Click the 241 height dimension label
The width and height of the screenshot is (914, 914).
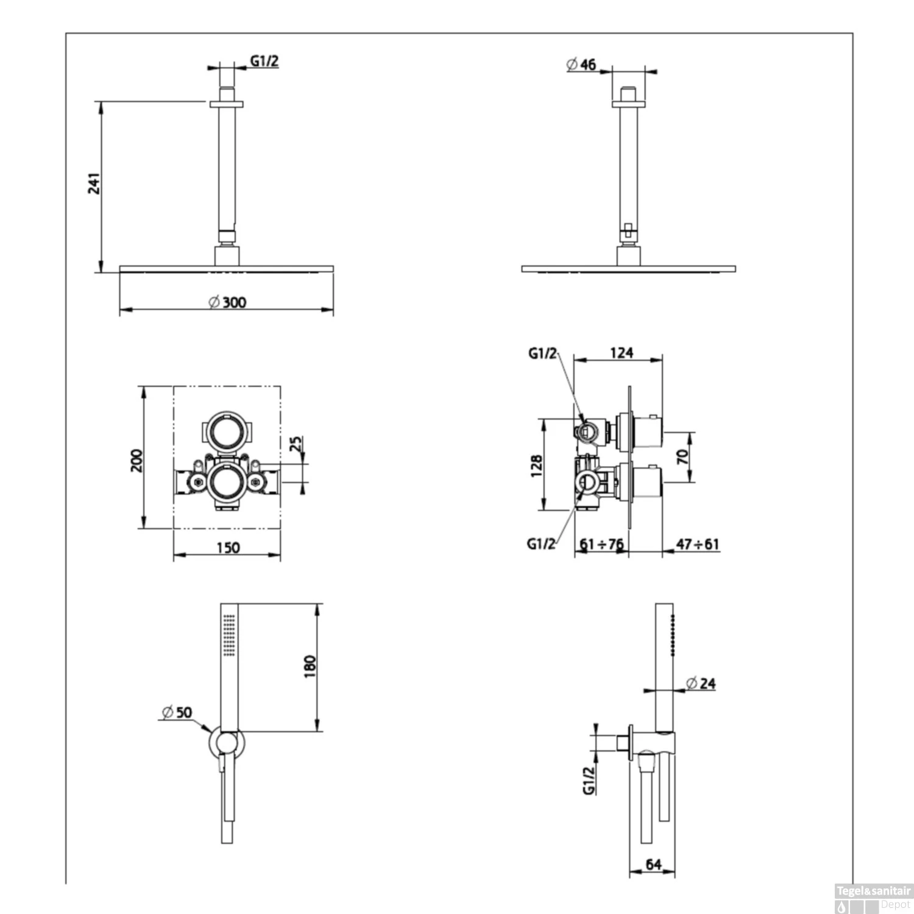point(94,183)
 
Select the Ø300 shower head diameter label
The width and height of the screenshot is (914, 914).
point(228,302)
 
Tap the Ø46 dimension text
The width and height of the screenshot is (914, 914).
point(582,65)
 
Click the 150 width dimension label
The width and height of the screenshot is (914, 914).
point(228,548)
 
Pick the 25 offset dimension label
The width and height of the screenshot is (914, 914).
point(296,444)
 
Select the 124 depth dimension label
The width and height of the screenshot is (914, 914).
point(621,353)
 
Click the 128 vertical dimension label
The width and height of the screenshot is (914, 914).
point(537,466)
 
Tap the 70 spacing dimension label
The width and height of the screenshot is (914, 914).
point(683,457)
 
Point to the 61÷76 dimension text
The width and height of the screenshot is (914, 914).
point(602,544)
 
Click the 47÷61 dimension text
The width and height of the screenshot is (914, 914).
point(698,544)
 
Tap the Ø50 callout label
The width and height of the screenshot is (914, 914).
point(177,712)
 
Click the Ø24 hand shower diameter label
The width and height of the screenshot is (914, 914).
point(701,684)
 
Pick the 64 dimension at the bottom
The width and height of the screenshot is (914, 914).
point(653,865)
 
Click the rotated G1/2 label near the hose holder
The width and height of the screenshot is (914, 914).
point(589,780)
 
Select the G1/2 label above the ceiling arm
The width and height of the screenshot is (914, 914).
point(264,61)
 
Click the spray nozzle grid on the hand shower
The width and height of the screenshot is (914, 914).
point(229,635)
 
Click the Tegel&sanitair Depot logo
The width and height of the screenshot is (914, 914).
point(873,898)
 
